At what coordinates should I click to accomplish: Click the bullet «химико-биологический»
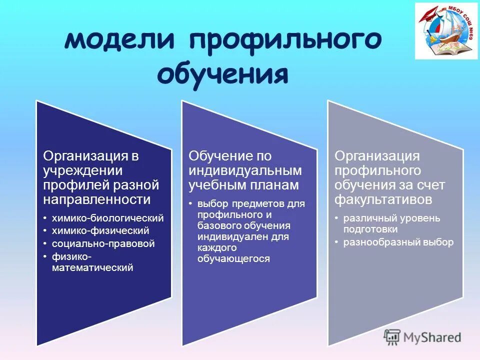coord(107,218)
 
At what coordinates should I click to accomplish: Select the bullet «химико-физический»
coord(100,230)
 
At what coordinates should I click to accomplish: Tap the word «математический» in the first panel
coord(92,268)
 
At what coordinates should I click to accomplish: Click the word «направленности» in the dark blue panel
coord(97,200)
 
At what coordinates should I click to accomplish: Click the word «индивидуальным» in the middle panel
coord(245,170)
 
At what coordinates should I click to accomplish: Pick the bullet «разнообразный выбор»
coord(398,242)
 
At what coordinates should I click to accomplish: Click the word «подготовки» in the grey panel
coord(370,229)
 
